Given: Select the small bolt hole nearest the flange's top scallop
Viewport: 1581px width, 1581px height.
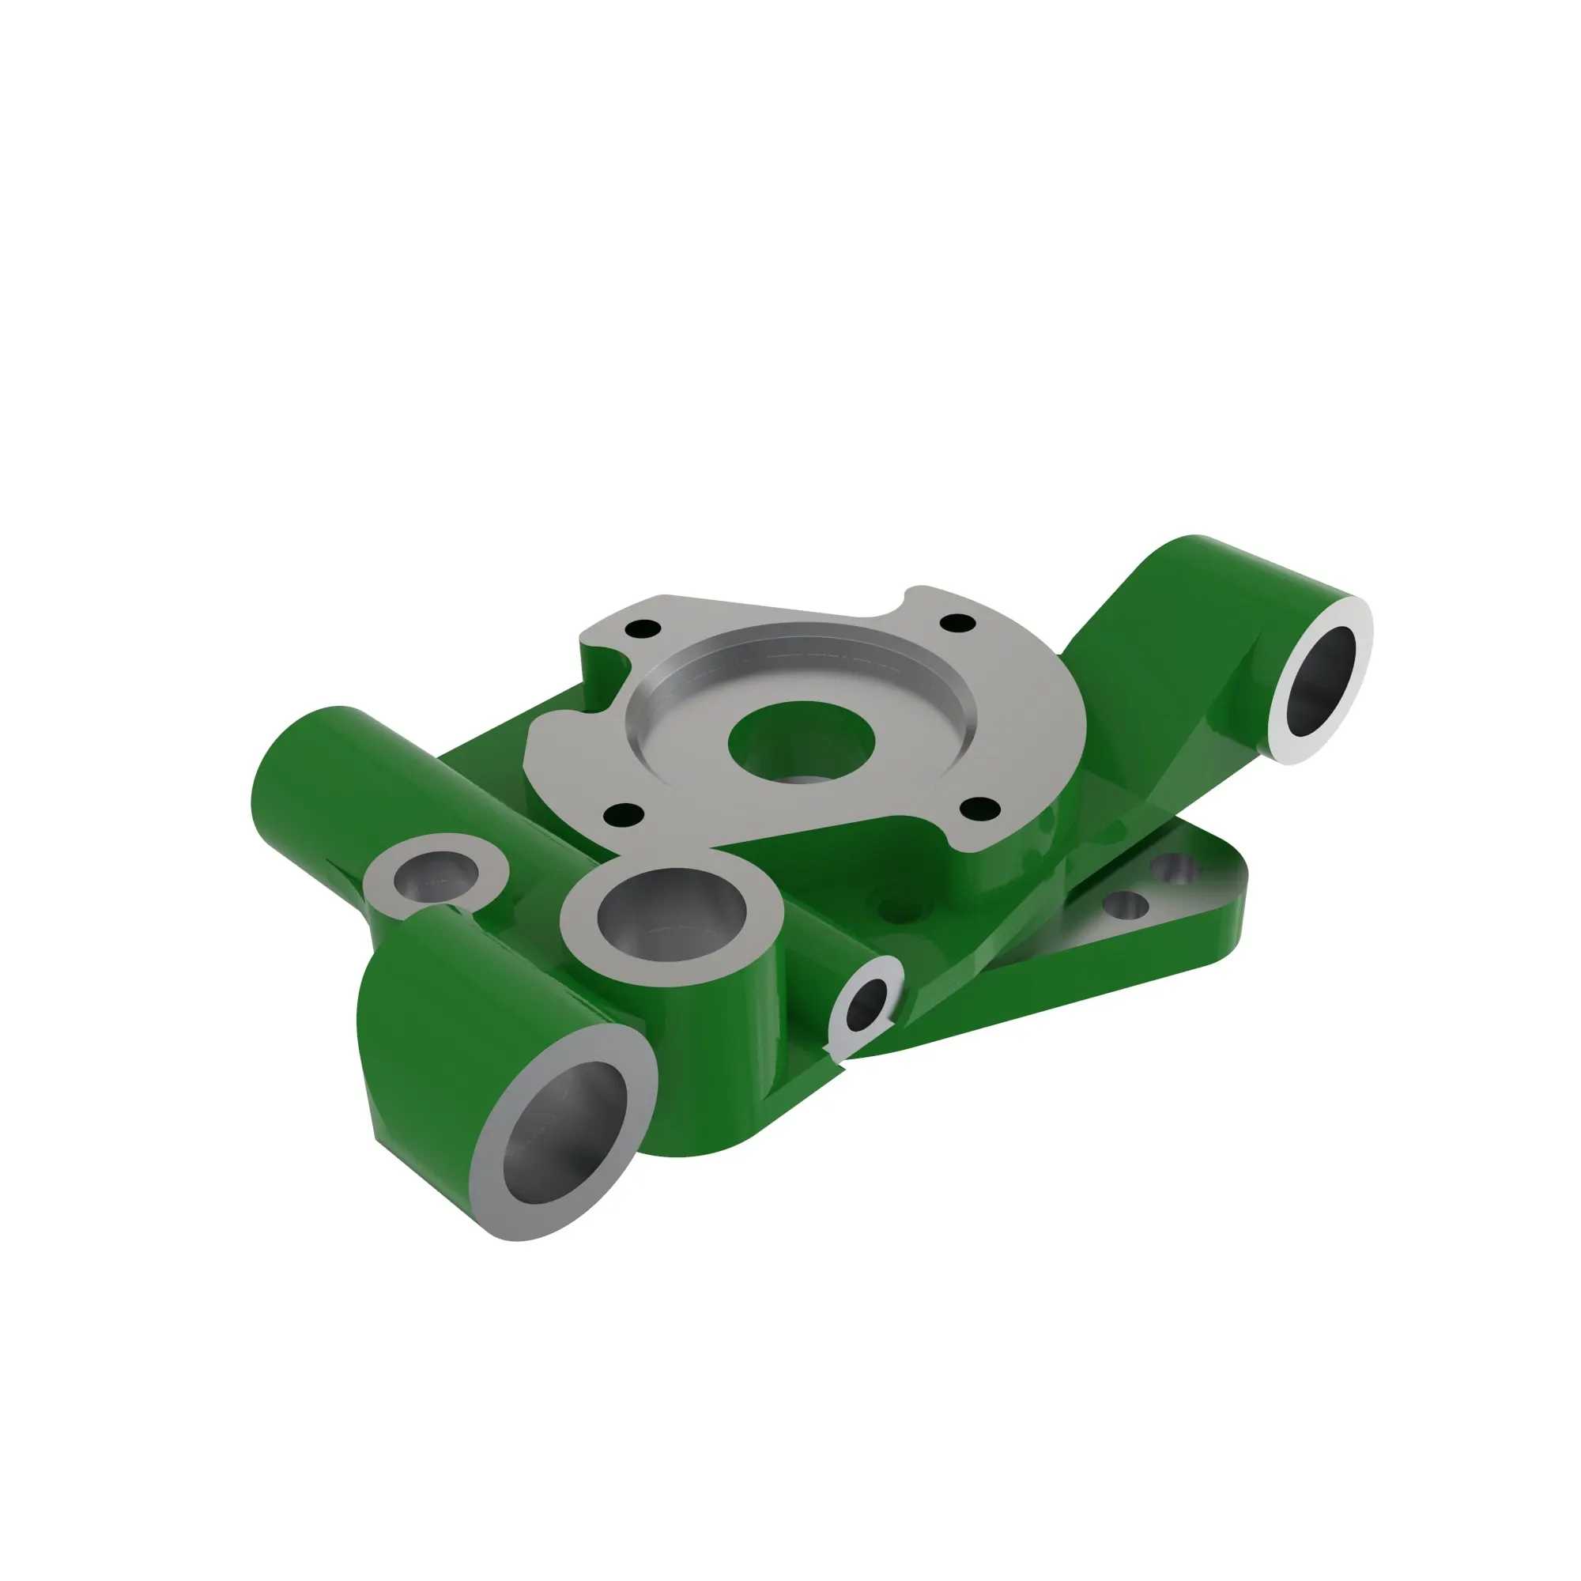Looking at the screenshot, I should pyautogui.click(x=958, y=623).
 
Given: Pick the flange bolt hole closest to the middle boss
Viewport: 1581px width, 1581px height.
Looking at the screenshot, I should pyautogui.click(x=625, y=814).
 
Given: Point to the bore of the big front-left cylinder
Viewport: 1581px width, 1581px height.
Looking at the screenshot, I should pyautogui.click(x=564, y=1134).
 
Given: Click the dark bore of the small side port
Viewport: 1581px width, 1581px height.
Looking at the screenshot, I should pyautogui.click(x=867, y=1005).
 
